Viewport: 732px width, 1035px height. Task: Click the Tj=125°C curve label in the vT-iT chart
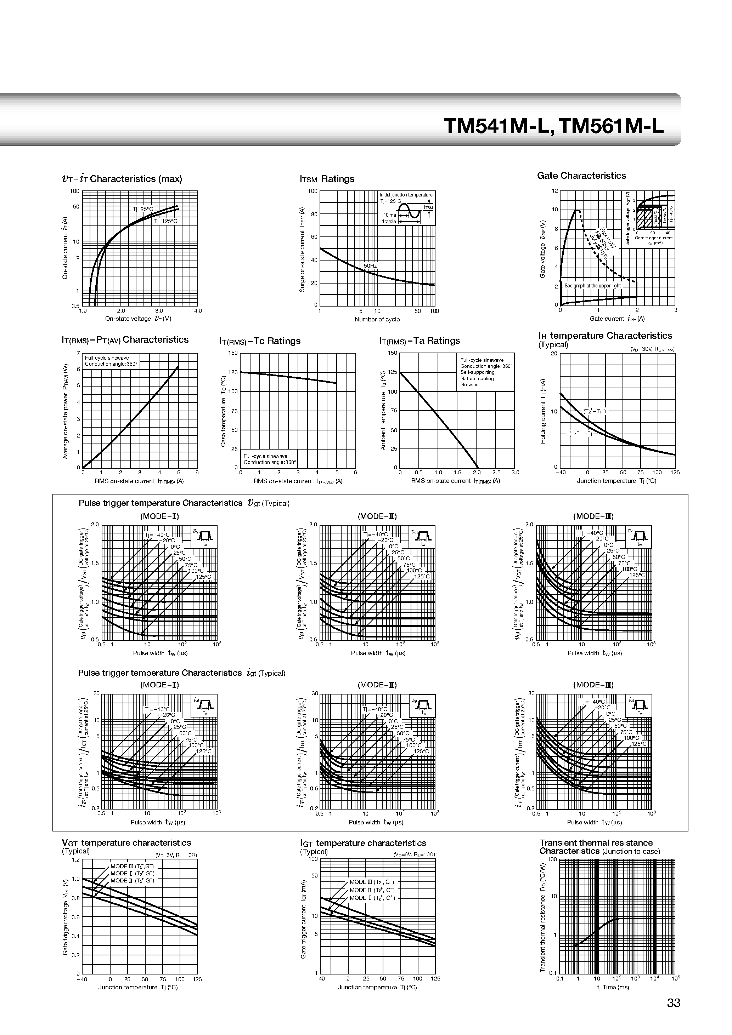(165, 221)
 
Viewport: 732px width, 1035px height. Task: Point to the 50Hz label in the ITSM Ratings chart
(370, 266)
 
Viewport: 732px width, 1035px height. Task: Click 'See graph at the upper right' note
(592, 286)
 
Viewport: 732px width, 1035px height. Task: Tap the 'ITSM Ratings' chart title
(327, 179)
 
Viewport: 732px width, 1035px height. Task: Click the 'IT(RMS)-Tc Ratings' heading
(260, 341)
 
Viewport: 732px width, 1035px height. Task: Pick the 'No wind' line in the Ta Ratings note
(469, 384)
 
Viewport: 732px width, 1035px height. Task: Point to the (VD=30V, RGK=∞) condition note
(652, 349)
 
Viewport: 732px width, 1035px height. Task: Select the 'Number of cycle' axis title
(377, 320)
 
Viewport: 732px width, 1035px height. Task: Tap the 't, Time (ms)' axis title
(613, 987)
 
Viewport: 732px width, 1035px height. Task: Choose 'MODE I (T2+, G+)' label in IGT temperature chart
(372, 898)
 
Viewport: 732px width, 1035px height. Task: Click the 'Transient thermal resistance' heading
(596, 843)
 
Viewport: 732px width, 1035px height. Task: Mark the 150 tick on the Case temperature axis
(233, 353)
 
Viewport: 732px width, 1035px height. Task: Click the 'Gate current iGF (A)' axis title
(617, 319)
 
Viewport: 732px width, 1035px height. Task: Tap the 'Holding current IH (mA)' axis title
(543, 411)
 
